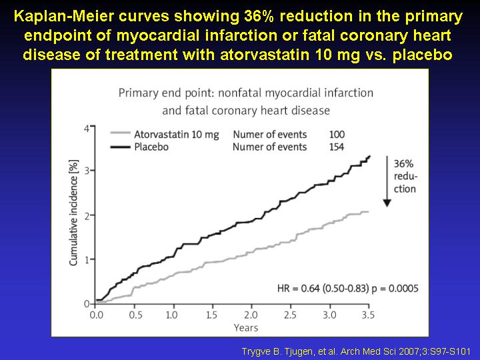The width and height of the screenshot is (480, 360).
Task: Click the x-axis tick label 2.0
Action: (251, 315)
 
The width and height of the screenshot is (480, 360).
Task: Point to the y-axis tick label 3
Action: (87, 171)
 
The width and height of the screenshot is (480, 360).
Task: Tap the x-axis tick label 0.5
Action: (135, 315)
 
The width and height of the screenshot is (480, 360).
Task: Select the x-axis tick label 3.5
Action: (368, 315)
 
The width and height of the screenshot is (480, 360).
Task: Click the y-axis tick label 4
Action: (87, 129)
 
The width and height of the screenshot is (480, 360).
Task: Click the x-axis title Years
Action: (246, 328)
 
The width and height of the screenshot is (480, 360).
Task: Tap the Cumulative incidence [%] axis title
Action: (73, 213)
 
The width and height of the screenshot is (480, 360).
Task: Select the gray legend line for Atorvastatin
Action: (120, 133)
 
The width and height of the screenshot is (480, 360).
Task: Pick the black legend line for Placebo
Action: (120, 147)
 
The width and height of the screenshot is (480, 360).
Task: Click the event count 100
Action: (337, 135)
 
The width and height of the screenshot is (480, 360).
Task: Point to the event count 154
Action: (337, 147)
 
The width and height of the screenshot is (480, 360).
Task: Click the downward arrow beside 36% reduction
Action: (387, 181)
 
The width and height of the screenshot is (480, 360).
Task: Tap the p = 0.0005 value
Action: (395, 289)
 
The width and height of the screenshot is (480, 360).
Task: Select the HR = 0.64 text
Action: (299, 289)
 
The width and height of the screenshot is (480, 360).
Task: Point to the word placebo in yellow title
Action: (423, 55)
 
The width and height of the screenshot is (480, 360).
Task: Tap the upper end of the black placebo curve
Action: (370, 156)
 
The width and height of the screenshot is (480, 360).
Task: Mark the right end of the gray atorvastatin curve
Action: (368, 211)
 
